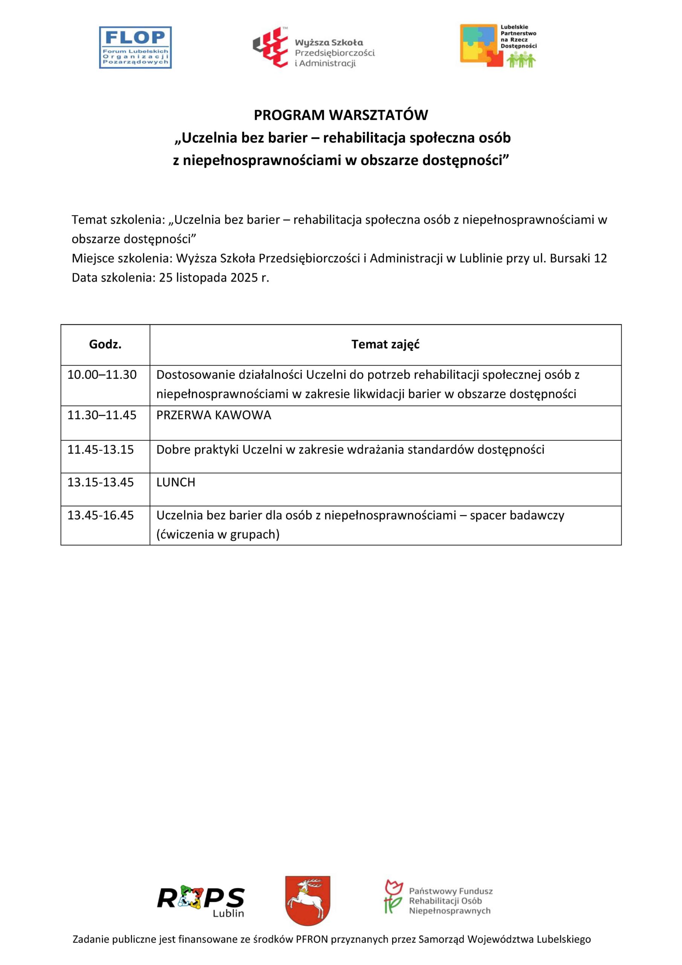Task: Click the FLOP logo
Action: pos(135,47)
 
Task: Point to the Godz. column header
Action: pos(105,345)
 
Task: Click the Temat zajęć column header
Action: pos(385,345)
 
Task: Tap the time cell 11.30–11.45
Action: pos(102,415)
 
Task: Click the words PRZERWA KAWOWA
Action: pos(214,415)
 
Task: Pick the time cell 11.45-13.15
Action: pos(101,450)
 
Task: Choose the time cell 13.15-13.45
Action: pos(101,482)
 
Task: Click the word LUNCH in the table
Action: pos(176,482)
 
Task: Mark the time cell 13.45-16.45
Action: pos(101,515)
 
